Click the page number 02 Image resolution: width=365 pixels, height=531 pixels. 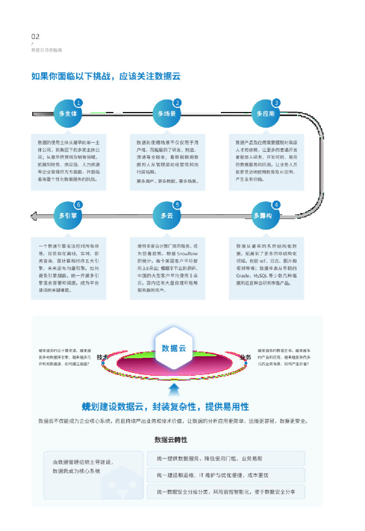(35, 36)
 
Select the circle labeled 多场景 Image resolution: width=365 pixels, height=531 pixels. (167, 114)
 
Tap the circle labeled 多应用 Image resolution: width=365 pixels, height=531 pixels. (266, 114)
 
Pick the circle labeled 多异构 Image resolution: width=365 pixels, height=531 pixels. (266, 216)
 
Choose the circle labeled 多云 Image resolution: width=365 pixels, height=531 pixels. (167, 216)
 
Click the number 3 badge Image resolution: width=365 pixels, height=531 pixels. (277, 103)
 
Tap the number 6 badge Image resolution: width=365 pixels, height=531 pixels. (79, 204)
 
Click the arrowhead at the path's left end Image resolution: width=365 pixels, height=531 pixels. (35, 216)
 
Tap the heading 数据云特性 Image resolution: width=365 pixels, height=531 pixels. (171, 440)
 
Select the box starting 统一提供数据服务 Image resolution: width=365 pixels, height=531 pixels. (226, 458)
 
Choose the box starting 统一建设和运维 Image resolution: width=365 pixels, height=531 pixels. (226, 475)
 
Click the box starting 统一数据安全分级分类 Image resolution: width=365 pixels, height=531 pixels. (226, 492)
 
